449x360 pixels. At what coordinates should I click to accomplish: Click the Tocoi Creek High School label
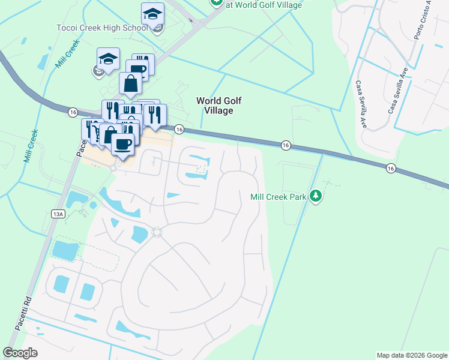(101, 28)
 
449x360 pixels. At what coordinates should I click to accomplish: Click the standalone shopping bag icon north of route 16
(130, 85)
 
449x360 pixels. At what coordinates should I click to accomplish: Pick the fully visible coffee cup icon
(122, 145)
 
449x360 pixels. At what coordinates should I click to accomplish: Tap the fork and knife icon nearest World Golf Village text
(155, 114)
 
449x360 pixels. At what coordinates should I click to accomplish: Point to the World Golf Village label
(220, 106)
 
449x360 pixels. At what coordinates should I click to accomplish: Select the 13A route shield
(58, 214)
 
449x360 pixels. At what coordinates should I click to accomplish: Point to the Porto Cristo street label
(423, 21)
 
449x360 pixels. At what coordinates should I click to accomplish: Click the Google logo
(20, 353)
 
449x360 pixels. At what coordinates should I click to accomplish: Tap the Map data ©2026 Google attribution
(412, 355)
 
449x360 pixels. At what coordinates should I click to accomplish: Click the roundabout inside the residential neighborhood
(157, 232)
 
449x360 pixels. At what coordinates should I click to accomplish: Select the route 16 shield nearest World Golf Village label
(179, 129)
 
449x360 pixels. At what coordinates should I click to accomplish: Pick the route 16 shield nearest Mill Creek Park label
(286, 145)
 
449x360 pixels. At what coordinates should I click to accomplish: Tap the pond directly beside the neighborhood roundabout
(139, 234)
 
